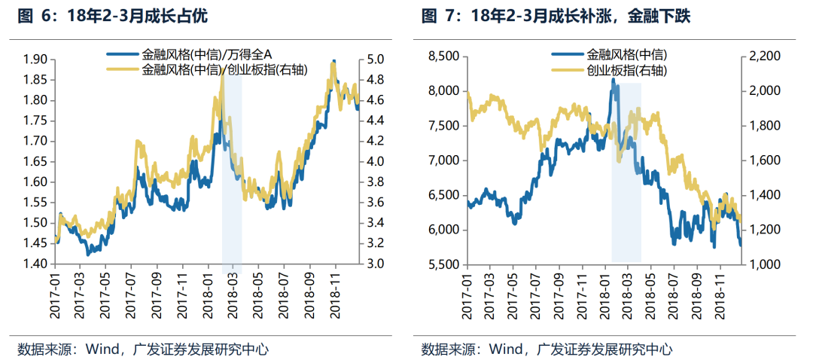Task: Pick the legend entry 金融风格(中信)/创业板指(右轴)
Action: pos(223,69)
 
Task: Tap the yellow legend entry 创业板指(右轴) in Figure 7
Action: pos(626,71)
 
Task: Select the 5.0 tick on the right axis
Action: pos(376,59)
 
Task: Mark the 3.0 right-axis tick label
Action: pos(376,264)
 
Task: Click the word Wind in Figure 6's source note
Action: pos(101,349)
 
